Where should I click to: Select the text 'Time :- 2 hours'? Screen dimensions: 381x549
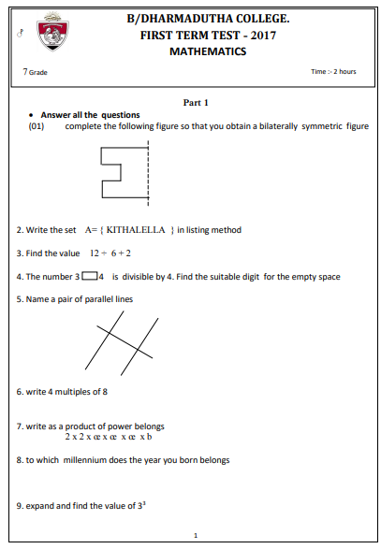tap(333, 72)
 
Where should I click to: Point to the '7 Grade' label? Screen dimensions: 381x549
tap(35, 72)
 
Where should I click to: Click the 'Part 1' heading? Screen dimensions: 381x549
tap(195, 102)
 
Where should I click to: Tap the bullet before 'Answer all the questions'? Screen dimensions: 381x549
tap(32, 115)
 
